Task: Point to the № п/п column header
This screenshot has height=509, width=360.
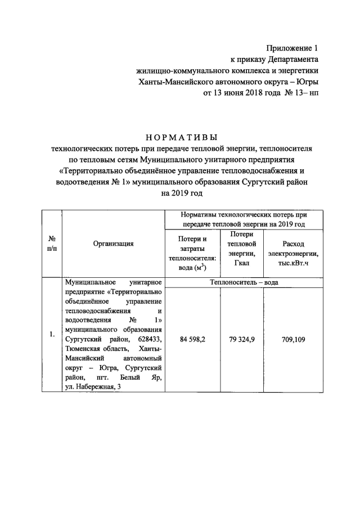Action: tap(51, 244)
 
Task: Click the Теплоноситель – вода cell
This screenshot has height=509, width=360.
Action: tap(244, 282)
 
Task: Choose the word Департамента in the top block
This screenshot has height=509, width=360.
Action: tap(289, 60)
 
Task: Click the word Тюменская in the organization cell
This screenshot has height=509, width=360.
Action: tap(83, 348)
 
